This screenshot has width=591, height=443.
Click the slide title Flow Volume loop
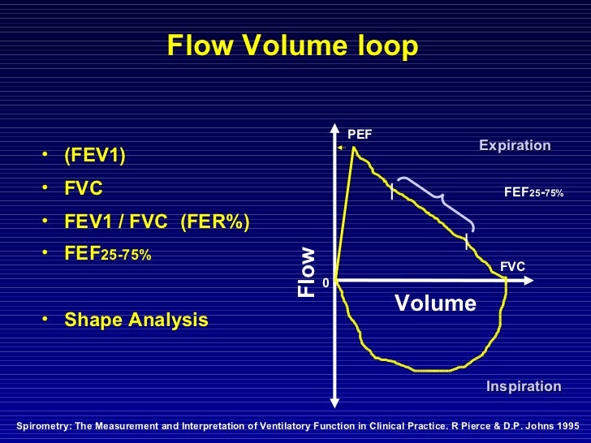[x=293, y=47]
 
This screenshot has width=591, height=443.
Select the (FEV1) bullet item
[x=95, y=155]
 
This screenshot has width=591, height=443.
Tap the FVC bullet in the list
[x=84, y=189]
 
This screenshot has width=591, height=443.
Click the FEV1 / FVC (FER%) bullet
[x=157, y=222]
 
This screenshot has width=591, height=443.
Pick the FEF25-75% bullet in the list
[x=107, y=255]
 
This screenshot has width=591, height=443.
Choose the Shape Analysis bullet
[x=136, y=320]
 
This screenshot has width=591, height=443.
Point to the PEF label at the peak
[x=360, y=134]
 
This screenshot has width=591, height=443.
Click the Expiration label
[x=515, y=146]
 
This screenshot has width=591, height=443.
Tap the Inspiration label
[x=524, y=387]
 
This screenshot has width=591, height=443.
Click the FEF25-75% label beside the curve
[x=533, y=192]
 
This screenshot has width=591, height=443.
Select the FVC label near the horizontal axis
[x=512, y=265]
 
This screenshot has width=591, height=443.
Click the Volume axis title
[x=435, y=303]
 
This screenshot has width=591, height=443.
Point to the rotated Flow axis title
[x=306, y=271]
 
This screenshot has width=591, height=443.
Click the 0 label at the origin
[x=326, y=283]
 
